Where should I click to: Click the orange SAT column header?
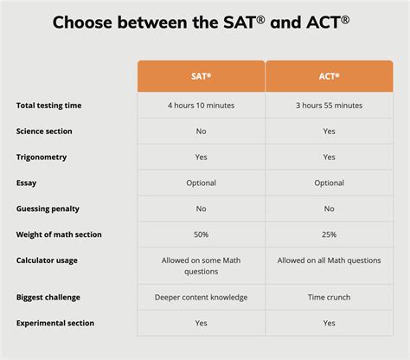tap(201, 76)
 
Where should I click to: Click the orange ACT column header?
tap(328, 76)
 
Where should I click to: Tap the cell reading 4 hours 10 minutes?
tap(201, 106)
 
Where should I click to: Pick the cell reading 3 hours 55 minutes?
tap(328, 106)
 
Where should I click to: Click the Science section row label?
tap(44, 132)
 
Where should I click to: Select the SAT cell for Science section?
tap(201, 132)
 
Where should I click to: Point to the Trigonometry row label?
tap(41, 157)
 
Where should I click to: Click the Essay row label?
tap(27, 183)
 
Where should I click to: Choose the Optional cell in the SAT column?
tap(201, 183)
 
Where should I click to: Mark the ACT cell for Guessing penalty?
tap(328, 209)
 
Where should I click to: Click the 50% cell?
tap(201, 235)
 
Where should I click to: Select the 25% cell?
tap(328, 235)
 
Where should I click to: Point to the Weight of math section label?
tap(58, 235)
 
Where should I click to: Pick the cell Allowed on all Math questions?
tap(328, 260)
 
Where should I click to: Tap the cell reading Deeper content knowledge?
tap(201, 297)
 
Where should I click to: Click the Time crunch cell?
tap(328, 297)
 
